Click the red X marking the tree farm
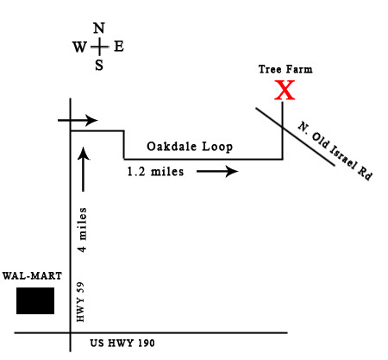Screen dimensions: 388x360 [x=285, y=90]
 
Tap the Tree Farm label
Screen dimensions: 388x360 [x=285, y=69]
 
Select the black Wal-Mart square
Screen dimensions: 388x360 [x=35, y=300]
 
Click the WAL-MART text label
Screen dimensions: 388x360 [x=32, y=276]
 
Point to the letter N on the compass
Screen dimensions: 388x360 [x=99, y=28]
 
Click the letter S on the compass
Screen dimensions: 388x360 [x=99, y=65]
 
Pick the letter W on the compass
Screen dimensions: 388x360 [x=79, y=47]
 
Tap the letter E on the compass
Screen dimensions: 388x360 [x=119, y=47]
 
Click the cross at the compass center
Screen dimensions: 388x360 [x=99, y=47]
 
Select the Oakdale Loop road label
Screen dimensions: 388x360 [x=190, y=147]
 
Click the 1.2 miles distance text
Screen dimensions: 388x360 [x=155, y=172]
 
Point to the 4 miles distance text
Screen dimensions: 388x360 [x=83, y=230]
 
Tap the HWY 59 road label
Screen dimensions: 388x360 [x=80, y=302]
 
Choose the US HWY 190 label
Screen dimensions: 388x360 [x=122, y=343]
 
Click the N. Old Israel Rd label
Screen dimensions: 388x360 [x=335, y=150]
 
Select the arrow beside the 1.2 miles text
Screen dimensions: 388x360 [x=217, y=171]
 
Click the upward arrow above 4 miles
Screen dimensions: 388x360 [x=84, y=169]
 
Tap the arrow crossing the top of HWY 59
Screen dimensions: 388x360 [x=78, y=120]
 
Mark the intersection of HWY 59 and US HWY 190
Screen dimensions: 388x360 [x=71, y=333]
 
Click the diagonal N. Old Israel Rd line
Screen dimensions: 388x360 [x=296, y=136]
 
